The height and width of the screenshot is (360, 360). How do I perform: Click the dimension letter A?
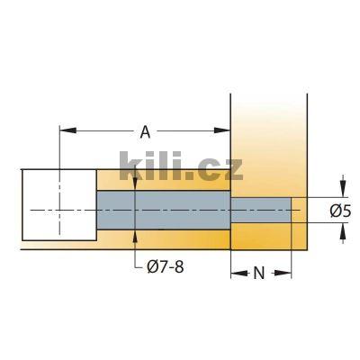pyautogui.click(x=146, y=132)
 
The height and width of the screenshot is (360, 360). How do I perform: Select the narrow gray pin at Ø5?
pyautogui.click(x=261, y=210)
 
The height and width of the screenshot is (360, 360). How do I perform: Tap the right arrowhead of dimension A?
pyautogui.click(x=226, y=131)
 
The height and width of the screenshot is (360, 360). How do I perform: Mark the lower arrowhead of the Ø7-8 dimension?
pyautogui.click(x=135, y=235)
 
